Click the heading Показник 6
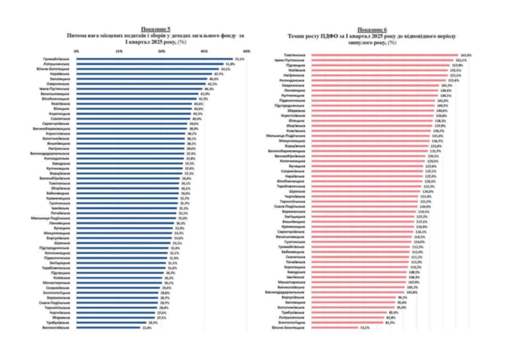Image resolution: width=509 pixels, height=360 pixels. point(372,30)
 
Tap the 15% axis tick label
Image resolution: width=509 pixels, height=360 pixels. point(119,51)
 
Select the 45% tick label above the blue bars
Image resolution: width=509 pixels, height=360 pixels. point(204,51)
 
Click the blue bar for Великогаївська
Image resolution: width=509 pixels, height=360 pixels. point(108,327)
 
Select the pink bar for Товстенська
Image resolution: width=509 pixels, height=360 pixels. point(384,55)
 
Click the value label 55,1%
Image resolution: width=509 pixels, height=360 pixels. point(239,59)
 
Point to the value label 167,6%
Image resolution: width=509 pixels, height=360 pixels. point(466,55)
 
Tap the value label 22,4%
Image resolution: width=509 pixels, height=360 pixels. point(147,327)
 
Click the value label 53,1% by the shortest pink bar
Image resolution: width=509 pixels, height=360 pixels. point(364,327)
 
